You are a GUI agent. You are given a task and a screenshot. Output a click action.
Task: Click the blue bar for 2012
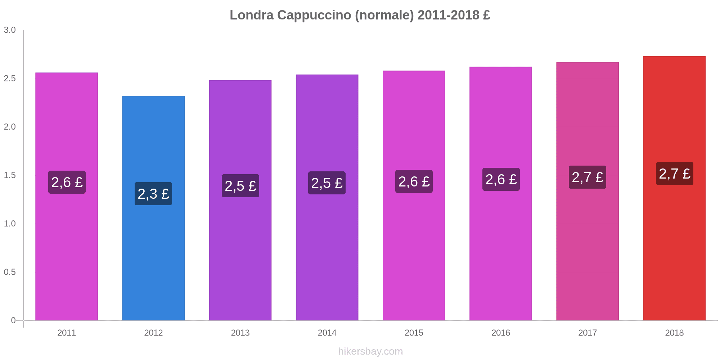[153, 252]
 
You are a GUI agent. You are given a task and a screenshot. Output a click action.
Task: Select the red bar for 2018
[674, 252]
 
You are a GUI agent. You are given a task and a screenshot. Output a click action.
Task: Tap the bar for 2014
[327, 252]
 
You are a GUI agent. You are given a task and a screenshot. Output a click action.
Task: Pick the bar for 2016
[500, 252]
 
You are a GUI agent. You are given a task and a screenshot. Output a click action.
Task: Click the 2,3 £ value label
[153, 194]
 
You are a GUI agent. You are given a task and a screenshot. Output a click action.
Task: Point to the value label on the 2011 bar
[67, 182]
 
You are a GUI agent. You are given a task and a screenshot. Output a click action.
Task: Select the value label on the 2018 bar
[674, 174]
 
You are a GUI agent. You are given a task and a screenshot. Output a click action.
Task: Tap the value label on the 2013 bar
[240, 186]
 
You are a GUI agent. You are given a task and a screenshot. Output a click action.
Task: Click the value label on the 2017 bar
[587, 177]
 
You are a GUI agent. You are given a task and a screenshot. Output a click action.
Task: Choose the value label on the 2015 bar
[414, 181]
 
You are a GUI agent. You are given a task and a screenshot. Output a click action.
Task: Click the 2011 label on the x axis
[67, 333]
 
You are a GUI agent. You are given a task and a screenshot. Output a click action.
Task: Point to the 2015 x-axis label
[414, 333]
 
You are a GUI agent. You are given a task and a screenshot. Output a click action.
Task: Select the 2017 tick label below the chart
[588, 333]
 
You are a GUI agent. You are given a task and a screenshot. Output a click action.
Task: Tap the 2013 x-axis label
[240, 333]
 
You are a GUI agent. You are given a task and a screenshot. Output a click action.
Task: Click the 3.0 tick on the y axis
[10, 30]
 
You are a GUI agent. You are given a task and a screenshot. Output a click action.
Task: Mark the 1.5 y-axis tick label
[10, 175]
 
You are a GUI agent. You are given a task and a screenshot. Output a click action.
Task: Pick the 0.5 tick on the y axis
[10, 272]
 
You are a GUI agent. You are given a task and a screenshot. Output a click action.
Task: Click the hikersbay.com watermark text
[370, 351]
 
